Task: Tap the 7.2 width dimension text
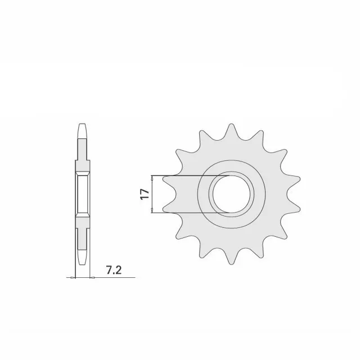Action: (x=113, y=270)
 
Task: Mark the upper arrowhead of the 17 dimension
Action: (x=152, y=178)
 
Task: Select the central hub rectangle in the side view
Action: (x=82, y=194)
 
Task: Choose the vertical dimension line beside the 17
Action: (x=152, y=194)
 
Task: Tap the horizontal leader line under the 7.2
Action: (x=107, y=277)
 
